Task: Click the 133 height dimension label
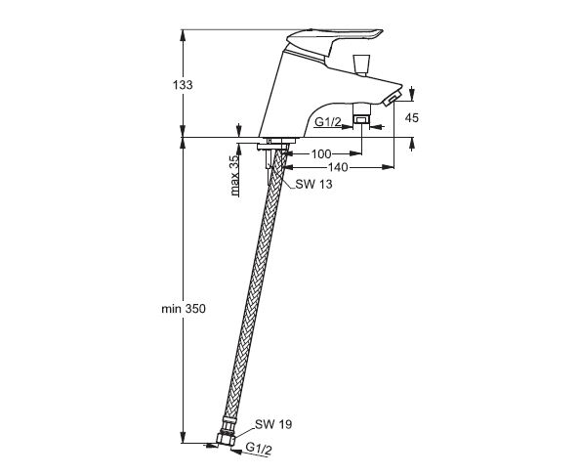coord(183,85)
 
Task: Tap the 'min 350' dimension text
coord(184,309)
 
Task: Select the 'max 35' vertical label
coord(234,176)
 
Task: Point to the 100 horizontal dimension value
coord(321,153)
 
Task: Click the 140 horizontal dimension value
coord(338,167)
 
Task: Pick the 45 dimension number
coord(412,117)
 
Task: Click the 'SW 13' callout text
coord(313,184)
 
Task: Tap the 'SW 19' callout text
coord(273,424)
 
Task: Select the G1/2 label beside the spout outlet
coord(328,121)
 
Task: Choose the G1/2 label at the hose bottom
coord(259,449)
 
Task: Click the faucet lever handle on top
coord(333,41)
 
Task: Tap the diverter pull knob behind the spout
coord(361,65)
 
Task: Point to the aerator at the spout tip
coord(392,100)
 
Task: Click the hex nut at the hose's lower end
coord(226,437)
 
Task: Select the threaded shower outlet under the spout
coord(361,113)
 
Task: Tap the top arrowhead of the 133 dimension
coord(183,35)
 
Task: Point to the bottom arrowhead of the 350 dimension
coord(183,437)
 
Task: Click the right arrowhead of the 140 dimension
coord(388,167)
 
